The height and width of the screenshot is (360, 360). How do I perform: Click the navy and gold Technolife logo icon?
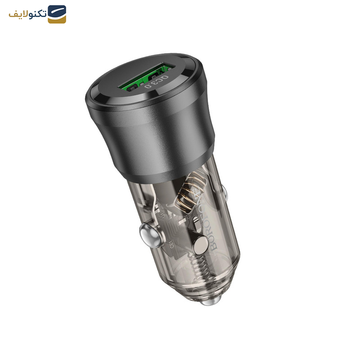pos(57,14)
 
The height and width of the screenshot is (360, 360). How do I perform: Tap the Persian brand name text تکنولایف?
pos(28,14)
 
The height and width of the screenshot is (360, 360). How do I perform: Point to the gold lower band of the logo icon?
pos(57,20)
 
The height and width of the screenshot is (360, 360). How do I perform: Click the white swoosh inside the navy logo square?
pos(57,12)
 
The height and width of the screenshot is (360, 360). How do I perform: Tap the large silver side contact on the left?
pos(148,234)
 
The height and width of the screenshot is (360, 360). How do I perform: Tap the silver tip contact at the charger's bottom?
pos(208,301)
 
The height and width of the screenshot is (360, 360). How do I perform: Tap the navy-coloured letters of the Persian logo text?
pos(36,14)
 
